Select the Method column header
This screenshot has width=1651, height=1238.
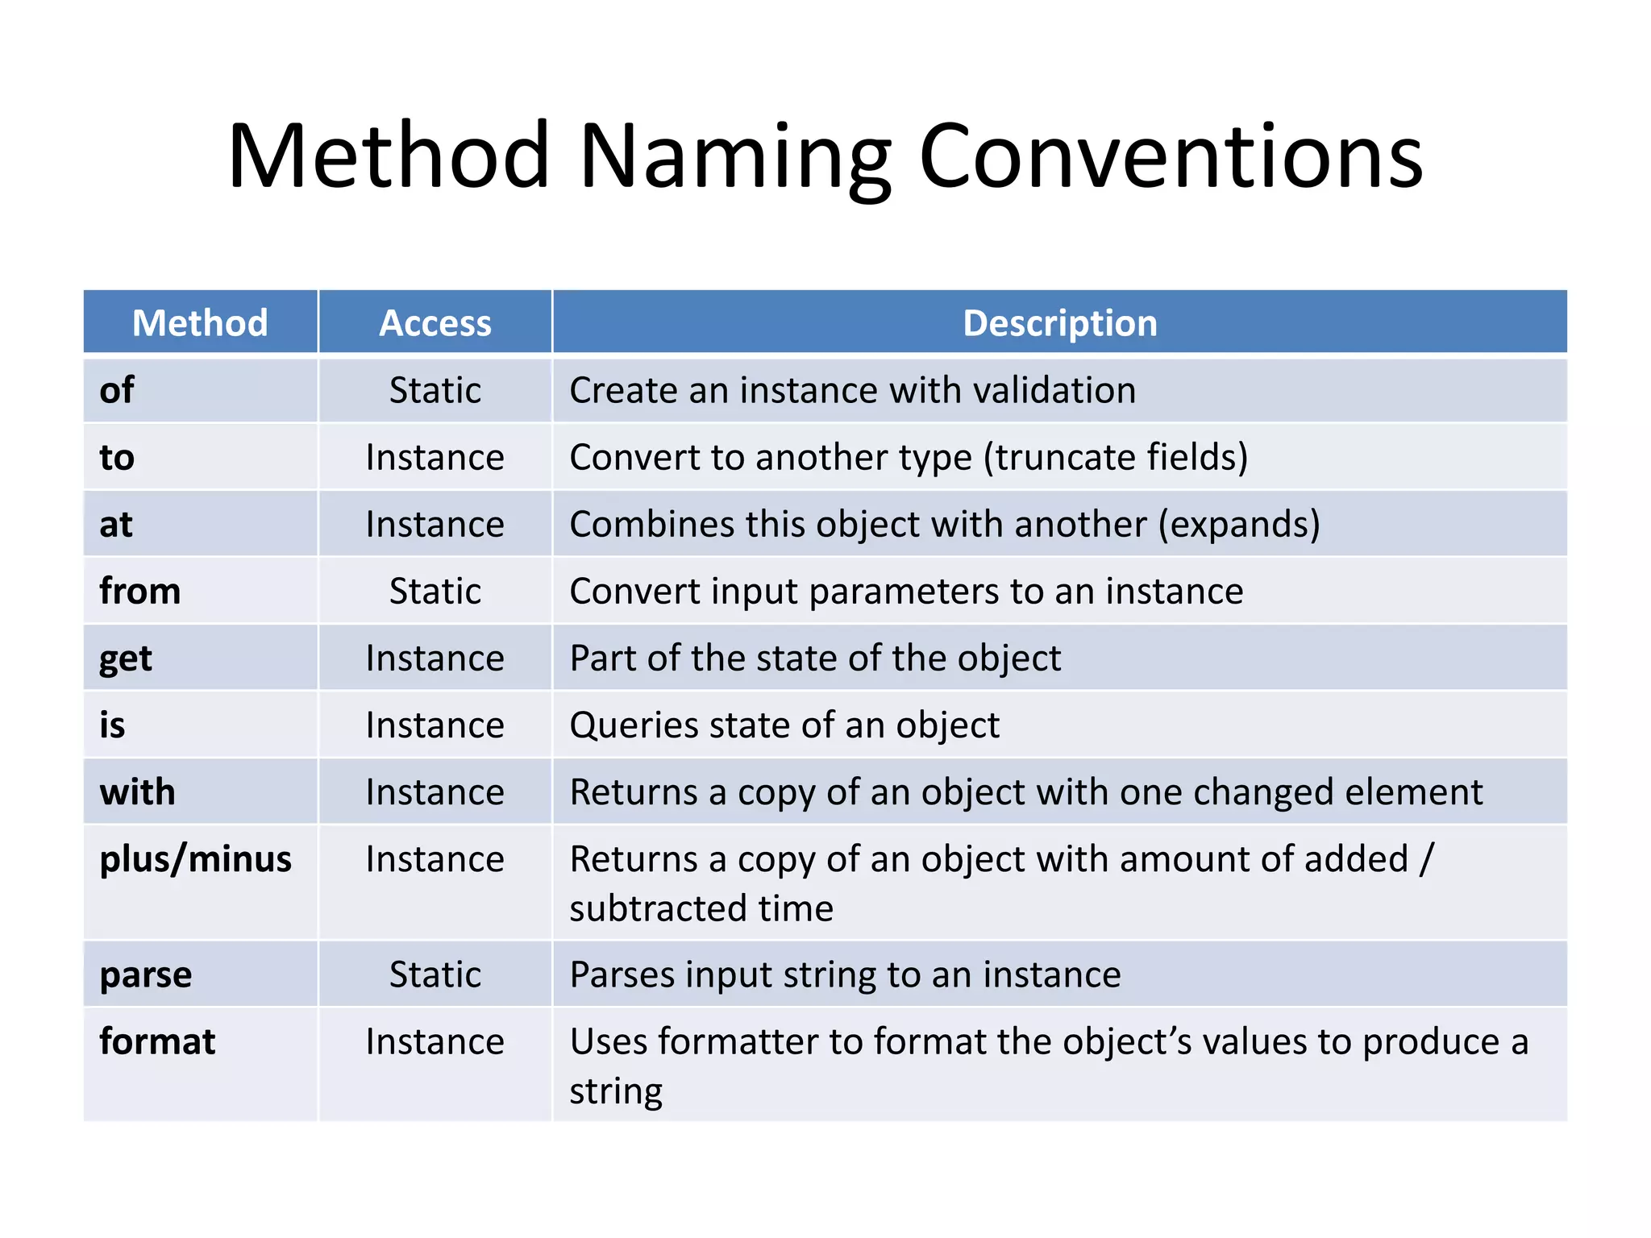[x=200, y=323]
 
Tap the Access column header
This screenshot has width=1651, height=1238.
[x=435, y=323]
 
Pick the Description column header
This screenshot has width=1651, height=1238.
[x=1059, y=323]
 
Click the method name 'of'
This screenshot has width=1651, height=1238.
[x=117, y=390]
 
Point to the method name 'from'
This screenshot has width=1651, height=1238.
[x=139, y=592]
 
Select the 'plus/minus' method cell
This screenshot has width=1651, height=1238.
[x=195, y=859]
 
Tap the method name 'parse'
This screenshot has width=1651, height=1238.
[x=146, y=975]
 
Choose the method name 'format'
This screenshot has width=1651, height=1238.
[x=157, y=1042]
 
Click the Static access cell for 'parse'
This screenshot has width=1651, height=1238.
[x=435, y=975]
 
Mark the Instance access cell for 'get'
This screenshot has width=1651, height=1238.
[x=435, y=658]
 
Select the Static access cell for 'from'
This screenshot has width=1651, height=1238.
[x=435, y=592]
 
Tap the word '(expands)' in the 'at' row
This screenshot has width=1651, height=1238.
[x=1239, y=525]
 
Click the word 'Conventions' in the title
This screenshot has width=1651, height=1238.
[x=1171, y=157]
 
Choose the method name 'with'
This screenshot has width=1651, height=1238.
[x=137, y=792]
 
